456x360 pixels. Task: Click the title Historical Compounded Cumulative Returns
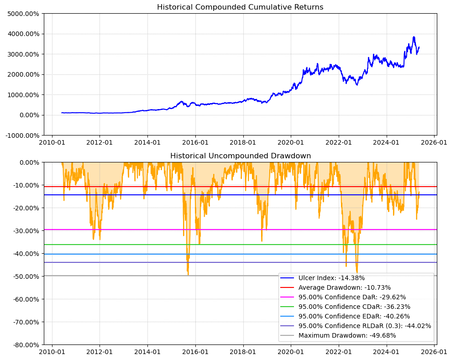point(240,7)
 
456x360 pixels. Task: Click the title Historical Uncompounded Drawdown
point(240,156)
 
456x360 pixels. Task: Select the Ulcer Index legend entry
point(331,278)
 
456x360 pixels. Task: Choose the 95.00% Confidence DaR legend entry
point(352,297)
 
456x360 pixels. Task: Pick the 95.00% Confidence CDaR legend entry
point(354,307)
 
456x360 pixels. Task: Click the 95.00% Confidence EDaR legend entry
point(354,316)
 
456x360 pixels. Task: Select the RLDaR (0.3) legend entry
point(365,326)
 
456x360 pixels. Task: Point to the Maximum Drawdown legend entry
point(347,335)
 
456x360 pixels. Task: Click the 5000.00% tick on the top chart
point(22,13)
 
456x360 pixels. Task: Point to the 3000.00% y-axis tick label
point(22,54)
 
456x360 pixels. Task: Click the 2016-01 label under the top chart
point(195,142)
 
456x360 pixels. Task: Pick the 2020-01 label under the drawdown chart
point(291,352)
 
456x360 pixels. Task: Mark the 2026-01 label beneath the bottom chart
point(434,352)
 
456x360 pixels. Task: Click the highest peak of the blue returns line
point(414,37)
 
